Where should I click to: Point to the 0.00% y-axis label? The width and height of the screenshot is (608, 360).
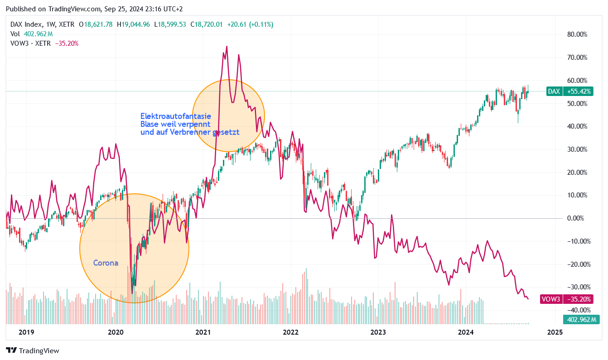(x=577, y=218)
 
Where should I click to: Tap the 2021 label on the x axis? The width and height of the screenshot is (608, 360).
(x=203, y=332)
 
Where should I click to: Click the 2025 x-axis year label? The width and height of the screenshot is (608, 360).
(x=555, y=332)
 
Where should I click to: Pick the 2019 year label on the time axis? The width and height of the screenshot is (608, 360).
(x=27, y=332)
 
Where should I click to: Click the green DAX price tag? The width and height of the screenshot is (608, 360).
(x=554, y=91)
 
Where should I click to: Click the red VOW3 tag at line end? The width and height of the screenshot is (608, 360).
(x=551, y=299)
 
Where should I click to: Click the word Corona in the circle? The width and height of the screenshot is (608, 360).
(x=106, y=263)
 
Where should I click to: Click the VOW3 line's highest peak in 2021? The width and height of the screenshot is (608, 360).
(x=227, y=47)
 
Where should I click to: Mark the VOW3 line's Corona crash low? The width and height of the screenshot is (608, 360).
(x=132, y=293)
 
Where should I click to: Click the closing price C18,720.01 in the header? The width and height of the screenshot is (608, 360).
(x=206, y=24)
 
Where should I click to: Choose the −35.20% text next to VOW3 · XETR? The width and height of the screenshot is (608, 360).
(x=67, y=43)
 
